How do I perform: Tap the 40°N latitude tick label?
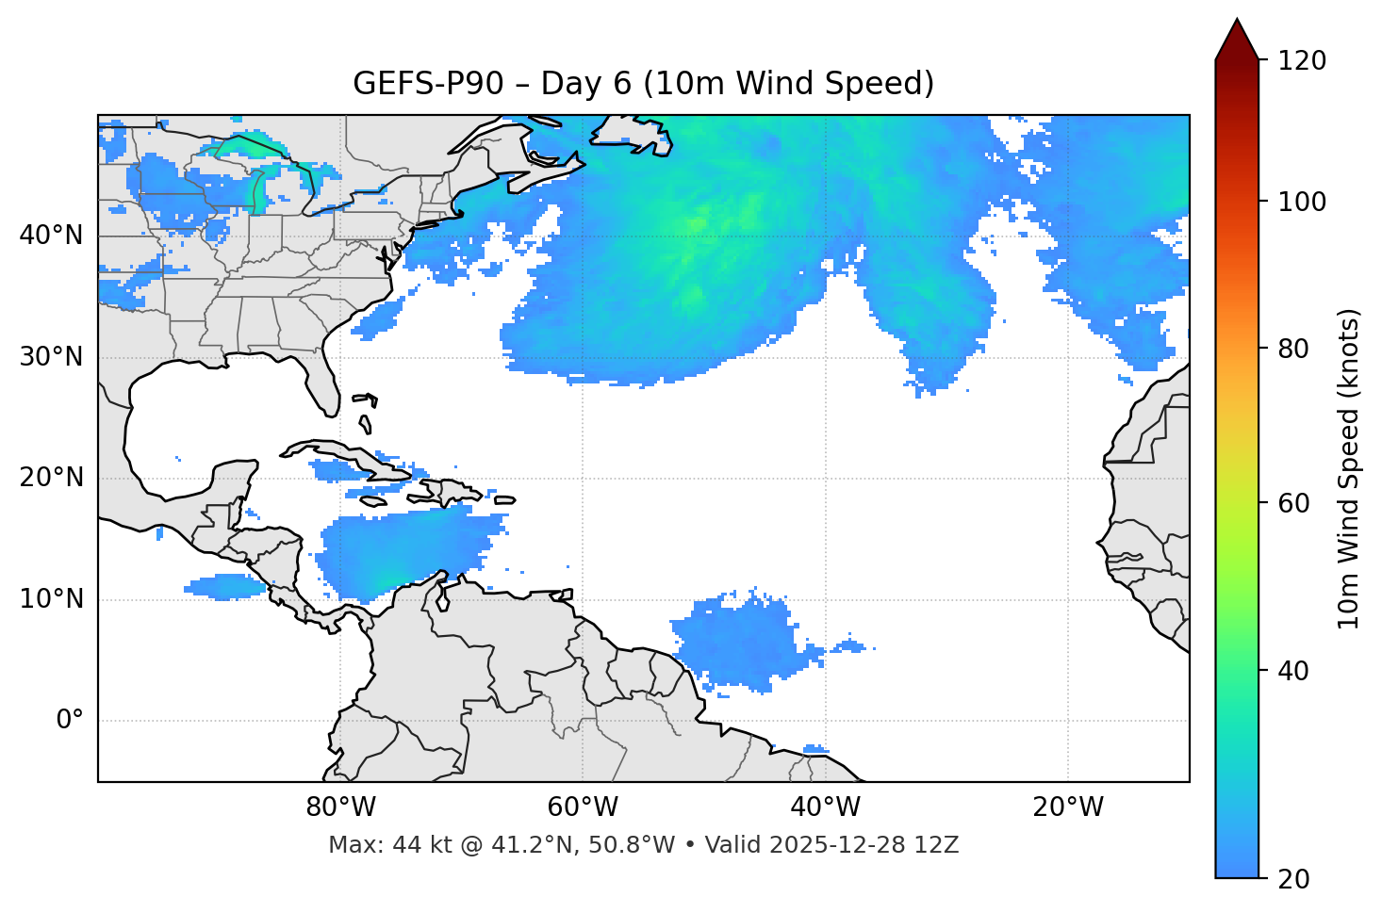[51, 236]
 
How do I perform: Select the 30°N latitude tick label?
[51, 357]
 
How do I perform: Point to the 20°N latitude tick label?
[51, 478]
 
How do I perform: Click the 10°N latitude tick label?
[51, 599]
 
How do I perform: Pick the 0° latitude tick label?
[70, 721]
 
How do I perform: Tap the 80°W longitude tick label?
[341, 807]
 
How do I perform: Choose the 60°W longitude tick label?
[583, 807]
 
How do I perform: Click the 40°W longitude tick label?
[826, 807]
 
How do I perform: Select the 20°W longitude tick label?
[1068, 807]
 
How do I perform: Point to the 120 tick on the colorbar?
[1302, 60]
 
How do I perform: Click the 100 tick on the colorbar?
[1302, 202]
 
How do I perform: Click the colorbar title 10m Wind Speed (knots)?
[1349, 469]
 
